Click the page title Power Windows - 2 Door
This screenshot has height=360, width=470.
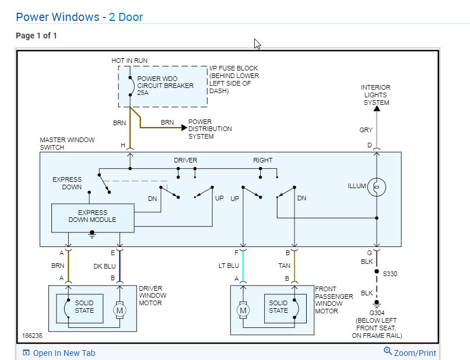click(x=79, y=17)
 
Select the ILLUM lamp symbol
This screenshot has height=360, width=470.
click(x=377, y=187)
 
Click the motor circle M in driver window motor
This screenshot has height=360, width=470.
click(x=120, y=310)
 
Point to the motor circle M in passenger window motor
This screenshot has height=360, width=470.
click(x=243, y=310)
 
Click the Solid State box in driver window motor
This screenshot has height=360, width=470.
click(x=84, y=307)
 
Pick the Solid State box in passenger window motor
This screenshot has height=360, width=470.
click(x=278, y=307)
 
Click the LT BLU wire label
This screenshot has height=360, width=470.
click(x=228, y=265)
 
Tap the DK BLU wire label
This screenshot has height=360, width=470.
click(x=105, y=265)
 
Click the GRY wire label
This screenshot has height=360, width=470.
click(x=366, y=130)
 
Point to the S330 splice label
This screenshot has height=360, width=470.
click(x=390, y=273)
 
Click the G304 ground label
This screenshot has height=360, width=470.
click(x=377, y=313)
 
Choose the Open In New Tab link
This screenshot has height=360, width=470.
click(x=64, y=353)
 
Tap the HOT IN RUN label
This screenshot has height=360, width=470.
click(x=129, y=61)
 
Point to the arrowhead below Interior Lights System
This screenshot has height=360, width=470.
click(x=377, y=108)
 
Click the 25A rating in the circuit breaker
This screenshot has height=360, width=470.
click(x=143, y=93)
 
